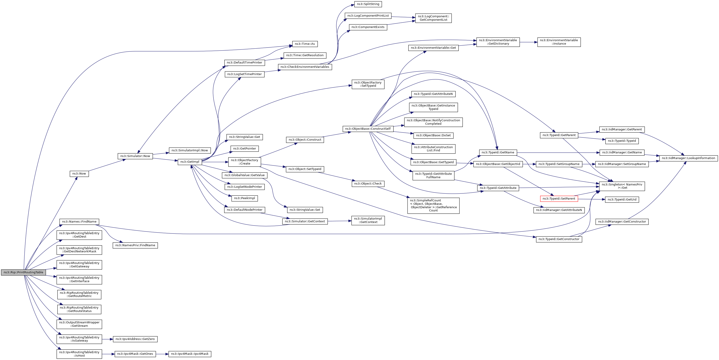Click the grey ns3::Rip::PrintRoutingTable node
coord(23,272)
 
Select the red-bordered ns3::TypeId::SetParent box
coord(559,199)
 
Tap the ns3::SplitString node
coord(368,4)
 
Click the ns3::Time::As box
coord(305,44)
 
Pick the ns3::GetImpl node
coord(190,162)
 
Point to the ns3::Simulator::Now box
coord(135,156)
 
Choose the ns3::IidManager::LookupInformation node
coord(688,158)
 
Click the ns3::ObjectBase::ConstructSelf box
coord(368,129)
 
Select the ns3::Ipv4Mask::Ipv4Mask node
coord(190,354)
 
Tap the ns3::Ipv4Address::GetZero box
coord(135,339)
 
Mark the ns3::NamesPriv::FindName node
coord(135,245)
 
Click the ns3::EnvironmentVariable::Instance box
coord(559,42)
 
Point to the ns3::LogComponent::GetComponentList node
coord(433,18)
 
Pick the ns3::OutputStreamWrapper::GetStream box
coord(79,324)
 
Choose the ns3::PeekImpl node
coord(245,198)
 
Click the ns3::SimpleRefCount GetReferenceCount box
coord(433,205)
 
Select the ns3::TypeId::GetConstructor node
coord(559,239)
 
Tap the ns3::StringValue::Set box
coord(305,210)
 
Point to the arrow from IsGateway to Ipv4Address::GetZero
coord(107,339)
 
